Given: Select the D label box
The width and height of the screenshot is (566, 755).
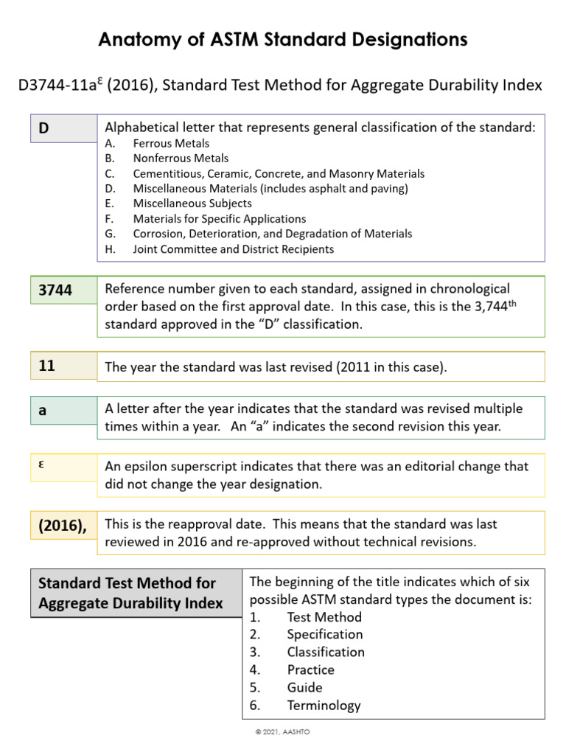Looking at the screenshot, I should pyautogui.click(x=63, y=128).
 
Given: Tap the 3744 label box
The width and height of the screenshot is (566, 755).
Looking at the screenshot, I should pyautogui.click(x=63, y=290).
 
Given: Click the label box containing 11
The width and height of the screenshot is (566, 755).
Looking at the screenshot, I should pyautogui.click(x=63, y=365).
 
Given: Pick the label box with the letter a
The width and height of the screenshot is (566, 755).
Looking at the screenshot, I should pyautogui.click(x=63, y=411).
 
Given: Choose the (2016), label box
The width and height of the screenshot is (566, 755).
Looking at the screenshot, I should pyautogui.click(x=63, y=525).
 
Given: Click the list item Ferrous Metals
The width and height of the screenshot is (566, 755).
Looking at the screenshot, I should pyautogui.click(x=171, y=143).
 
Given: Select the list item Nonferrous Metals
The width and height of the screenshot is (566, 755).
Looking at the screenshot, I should pyautogui.click(x=181, y=159).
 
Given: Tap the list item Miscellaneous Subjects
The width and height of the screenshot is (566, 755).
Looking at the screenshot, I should pyautogui.click(x=192, y=203).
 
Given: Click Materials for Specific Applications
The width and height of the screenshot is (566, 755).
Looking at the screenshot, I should pyautogui.click(x=219, y=219).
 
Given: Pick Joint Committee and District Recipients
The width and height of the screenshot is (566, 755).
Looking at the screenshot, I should pyautogui.click(x=233, y=249).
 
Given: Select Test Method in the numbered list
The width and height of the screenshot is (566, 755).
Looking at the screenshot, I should pyautogui.click(x=324, y=616).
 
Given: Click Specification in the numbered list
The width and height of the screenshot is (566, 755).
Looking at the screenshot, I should pyautogui.click(x=325, y=634).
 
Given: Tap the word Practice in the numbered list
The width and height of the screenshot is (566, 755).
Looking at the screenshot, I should pyautogui.click(x=310, y=669).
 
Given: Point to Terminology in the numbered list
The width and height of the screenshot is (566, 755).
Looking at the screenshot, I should pyautogui.click(x=324, y=705).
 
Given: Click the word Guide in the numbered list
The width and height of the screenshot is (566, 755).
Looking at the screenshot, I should pyautogui.click(x=304, y=687).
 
